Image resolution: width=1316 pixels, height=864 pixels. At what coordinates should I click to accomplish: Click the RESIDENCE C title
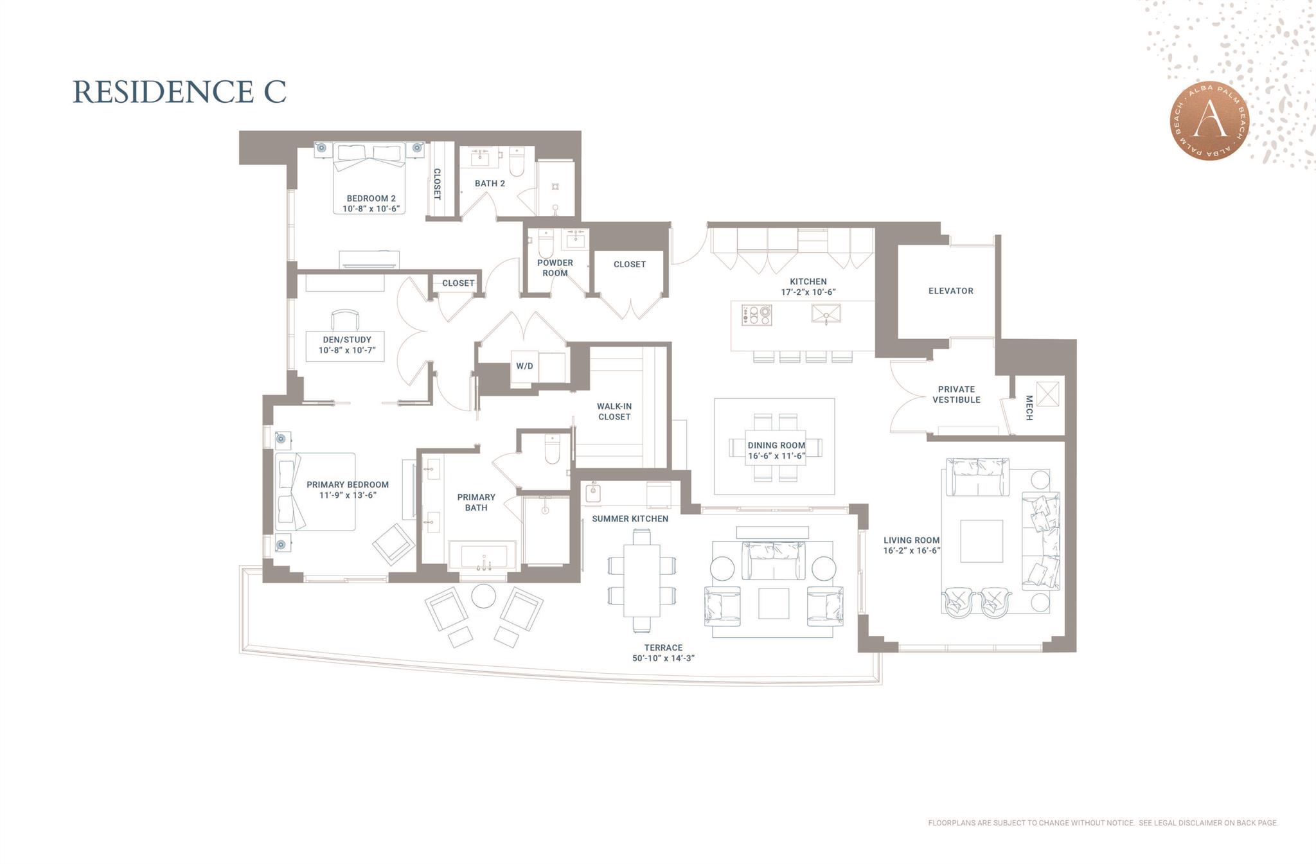click(179, 91)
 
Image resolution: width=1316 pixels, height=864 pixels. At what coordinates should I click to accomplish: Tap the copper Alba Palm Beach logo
click(1209, 121)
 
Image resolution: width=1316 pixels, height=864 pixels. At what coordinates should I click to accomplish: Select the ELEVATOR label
click(950, 291)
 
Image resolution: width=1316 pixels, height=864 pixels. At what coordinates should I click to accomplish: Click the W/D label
click(524, 366)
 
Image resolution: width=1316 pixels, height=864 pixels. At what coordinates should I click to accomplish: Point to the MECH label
click(1029, 408)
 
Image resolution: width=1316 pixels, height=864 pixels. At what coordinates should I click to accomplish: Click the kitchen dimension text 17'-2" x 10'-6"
click(808, 292)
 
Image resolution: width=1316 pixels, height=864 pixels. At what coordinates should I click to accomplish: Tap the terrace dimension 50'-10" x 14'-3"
click(663, 658)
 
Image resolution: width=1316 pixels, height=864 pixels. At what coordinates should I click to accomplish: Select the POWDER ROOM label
click(555, 268)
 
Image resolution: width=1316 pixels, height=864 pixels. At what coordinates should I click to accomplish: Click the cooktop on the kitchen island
click(757, 315)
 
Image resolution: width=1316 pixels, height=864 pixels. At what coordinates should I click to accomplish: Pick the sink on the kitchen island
click(826, 315)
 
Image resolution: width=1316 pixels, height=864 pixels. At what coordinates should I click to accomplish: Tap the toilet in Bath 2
click(517, 162)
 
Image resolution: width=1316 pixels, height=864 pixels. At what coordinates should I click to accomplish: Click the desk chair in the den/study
click(345, 319)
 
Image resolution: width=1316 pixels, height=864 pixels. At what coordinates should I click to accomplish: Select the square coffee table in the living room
click(981, 541)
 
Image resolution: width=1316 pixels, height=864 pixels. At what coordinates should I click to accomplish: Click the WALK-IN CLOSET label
click(614, 411)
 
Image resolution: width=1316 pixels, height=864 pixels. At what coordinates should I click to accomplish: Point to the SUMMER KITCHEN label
click(630, 518)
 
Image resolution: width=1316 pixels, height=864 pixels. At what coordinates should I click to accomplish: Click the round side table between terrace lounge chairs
click(484, 595)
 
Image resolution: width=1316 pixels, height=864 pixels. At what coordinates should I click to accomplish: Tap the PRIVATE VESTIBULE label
click(956, 394)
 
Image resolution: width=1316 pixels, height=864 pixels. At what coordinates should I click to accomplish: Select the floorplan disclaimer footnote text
click(1103, 823)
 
